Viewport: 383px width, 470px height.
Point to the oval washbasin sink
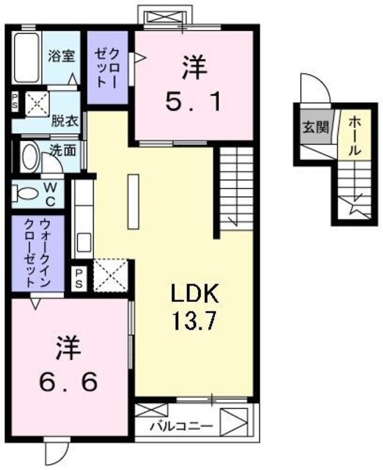[31, 156]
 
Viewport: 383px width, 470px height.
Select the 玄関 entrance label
[310, 126]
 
